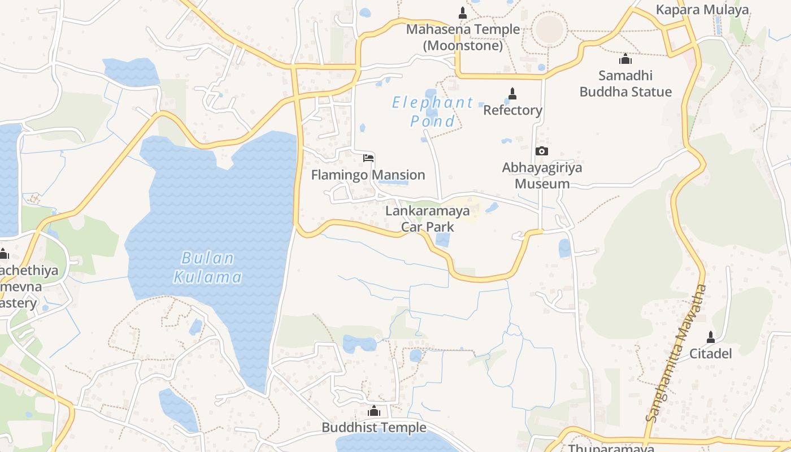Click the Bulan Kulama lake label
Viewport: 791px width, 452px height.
click(208, 268)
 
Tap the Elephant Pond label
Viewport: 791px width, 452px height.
click(433, 112)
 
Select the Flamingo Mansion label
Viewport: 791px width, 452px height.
click(368, 175)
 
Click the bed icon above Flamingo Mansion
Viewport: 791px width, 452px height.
click(368, 158)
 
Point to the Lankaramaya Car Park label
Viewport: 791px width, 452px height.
click(428, 219)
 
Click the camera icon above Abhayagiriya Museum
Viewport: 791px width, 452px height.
click(541, 151)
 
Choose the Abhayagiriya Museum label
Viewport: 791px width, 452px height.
click(542, 176)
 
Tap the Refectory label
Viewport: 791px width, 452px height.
click(512, 110)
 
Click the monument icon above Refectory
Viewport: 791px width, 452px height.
click(512, 93)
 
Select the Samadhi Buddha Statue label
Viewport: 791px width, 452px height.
click(626, 84)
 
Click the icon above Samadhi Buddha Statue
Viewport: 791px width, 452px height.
click(625, 59)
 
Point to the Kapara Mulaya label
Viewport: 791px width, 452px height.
click(702, 10)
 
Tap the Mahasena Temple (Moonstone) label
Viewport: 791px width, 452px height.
click(463, 37)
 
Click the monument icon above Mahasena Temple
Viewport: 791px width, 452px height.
click(463, 12)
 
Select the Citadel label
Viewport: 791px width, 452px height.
click(710, 354)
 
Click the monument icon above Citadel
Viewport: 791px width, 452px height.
click(711, 337)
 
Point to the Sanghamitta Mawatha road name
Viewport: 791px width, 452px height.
click(676, 353)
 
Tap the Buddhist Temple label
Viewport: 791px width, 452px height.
click(374, 428)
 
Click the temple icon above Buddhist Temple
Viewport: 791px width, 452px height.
click(374, 411)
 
